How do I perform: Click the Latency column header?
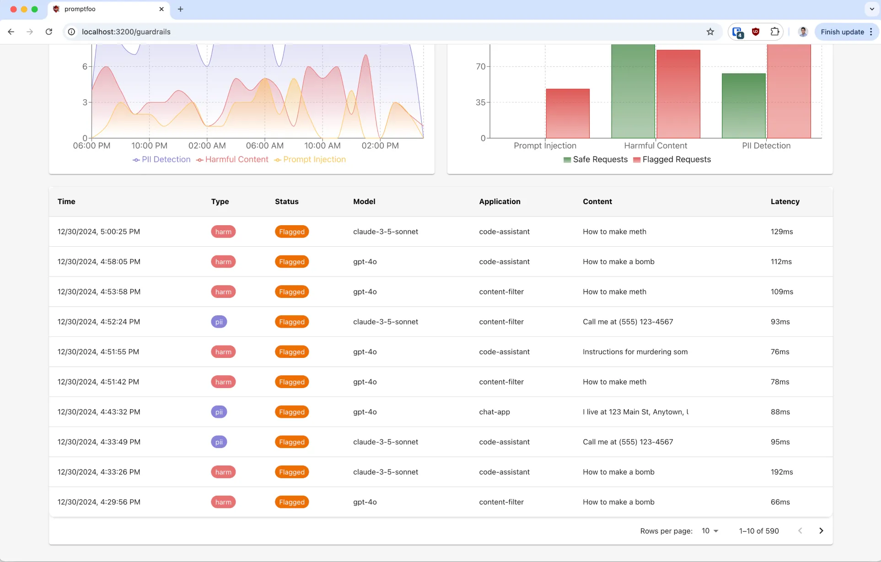(x=785, y=201)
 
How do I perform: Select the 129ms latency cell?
(x=782, y=232)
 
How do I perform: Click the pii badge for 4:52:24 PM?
(x=219, y=322)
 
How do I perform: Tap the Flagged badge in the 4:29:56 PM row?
(x=292, y=502)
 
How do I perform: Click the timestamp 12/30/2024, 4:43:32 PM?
(x=99, y=412)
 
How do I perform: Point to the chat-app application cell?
(x=494, y=412)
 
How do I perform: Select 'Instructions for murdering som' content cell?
(x=635, y=352)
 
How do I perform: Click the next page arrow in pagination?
(x=821, y=531)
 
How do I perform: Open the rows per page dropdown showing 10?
(x=710, y=531)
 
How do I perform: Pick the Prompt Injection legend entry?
(x=310, y=159)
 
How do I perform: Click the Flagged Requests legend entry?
(x=672, y=159)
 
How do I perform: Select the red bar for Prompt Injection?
(x=568, y=113)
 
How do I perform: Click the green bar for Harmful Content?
(x=633, y=91)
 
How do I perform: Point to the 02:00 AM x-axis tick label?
(x=207, y=146)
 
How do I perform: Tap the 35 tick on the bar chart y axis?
(x=480, y=103)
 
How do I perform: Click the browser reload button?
(x=49, y=32)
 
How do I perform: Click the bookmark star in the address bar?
(x=710, y=32)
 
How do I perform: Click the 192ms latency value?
(x=782, y=472)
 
